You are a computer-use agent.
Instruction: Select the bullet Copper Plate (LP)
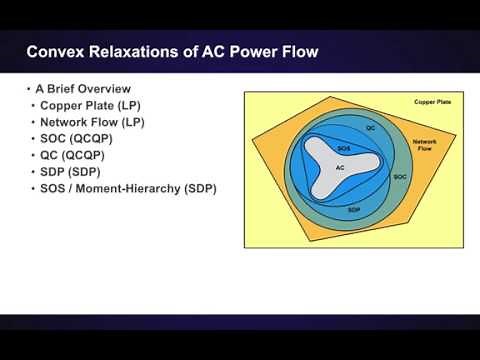[90, 106]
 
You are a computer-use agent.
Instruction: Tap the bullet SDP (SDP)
[74, 171]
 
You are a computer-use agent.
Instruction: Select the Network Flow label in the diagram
[425, 145]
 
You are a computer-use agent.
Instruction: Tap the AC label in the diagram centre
[340, 166]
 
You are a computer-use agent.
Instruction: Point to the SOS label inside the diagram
[343, 147]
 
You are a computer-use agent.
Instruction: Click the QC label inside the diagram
[370, 129]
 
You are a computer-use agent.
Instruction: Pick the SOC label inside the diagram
[399, 176]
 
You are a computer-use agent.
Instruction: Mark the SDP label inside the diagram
[353, 210]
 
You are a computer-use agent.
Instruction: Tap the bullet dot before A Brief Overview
[28, 90]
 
